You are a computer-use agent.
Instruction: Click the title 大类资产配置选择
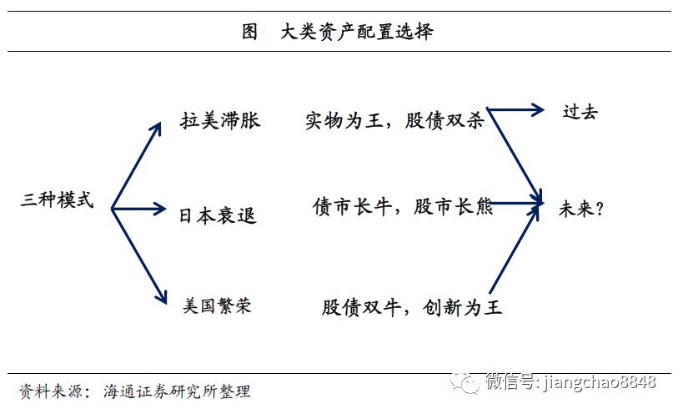358,33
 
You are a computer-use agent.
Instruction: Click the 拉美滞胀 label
220,120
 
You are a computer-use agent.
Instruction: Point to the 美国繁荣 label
217,305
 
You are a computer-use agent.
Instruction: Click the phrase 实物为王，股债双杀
394,120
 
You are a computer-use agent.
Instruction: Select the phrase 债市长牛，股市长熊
402,206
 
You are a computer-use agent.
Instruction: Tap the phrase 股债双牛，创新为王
411,306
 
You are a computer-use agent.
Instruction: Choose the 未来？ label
580,208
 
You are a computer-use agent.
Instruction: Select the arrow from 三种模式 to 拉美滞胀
136,165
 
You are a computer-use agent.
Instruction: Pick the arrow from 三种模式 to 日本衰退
139,209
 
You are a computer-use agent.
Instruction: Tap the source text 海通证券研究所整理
177,391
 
